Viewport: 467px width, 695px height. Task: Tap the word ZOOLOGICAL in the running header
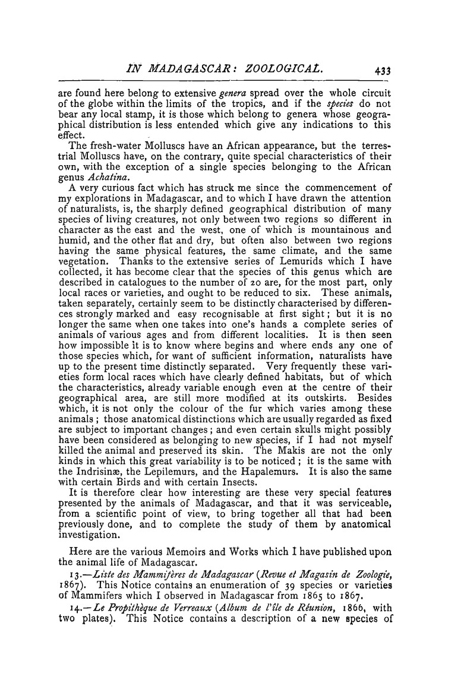(273, 68)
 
